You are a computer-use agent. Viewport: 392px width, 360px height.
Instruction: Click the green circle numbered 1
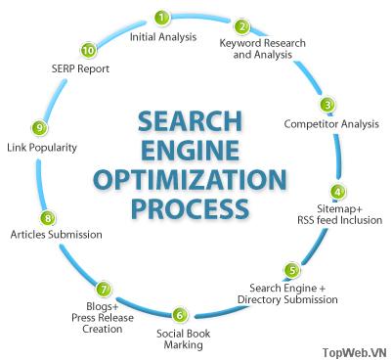(162, 18)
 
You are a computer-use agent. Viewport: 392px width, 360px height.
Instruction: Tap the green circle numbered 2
(242, 26)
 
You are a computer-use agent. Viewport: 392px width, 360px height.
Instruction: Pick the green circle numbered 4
(337, 192)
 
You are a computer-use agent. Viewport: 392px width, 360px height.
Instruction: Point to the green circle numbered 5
(291, 270)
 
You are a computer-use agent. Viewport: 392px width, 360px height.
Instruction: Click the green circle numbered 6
(179, 315)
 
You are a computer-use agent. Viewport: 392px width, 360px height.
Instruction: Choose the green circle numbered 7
(103, 289)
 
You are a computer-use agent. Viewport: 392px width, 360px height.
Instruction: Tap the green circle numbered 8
(47, 217)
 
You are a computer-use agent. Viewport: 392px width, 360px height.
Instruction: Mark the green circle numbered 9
(39, 128)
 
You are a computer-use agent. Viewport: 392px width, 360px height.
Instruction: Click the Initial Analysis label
(163, 37)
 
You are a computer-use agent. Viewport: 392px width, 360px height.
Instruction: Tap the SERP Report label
(81, 69)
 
